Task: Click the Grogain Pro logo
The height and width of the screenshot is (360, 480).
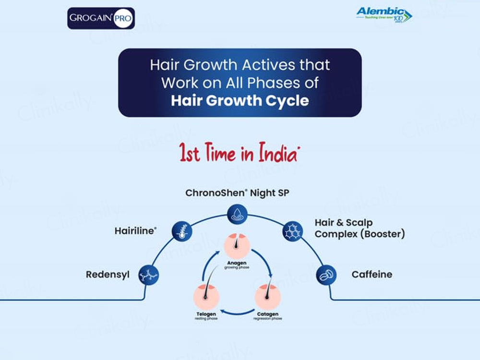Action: pyautogui.click(x=101, y=18)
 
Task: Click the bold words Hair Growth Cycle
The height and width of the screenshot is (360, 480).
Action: pyautogui.click(x=240, y=101)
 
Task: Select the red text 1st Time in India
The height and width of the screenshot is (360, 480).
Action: pyautogui.click(x=240, y=155)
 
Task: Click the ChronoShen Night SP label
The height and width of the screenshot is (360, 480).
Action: pyautogui.click(x=238, y=193)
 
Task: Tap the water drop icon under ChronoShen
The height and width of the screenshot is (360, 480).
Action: pyautogui.click(x=238, y=213)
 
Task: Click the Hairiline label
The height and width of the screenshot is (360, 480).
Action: pyautogui.click(x=136, y=230)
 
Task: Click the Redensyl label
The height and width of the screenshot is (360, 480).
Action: pyautogui.click(x=108, y=275)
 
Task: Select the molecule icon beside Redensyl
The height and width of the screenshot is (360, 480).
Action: pyautogui.click(x=149, y=275)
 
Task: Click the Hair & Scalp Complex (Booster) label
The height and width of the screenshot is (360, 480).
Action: pyautogui.click(x=360, y=228)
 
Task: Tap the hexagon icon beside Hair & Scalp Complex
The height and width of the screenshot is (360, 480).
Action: pyautogui.click(x=291, y=231)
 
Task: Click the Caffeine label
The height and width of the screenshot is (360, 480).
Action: pyautogui.click(x=372, y=275)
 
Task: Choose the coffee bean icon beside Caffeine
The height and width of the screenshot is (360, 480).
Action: pyautogui.click(x=326, y=275)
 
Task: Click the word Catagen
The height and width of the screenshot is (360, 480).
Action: pyautogui.click(x=267, y=314)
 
